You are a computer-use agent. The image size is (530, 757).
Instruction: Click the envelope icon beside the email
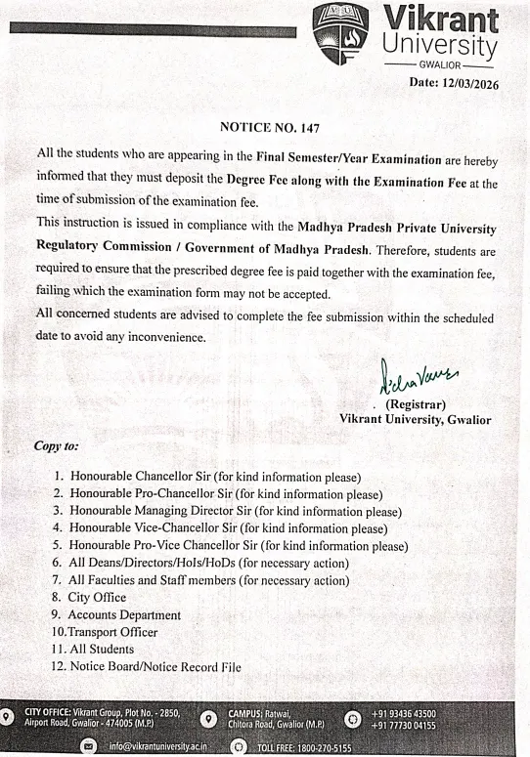pos(90,743)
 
